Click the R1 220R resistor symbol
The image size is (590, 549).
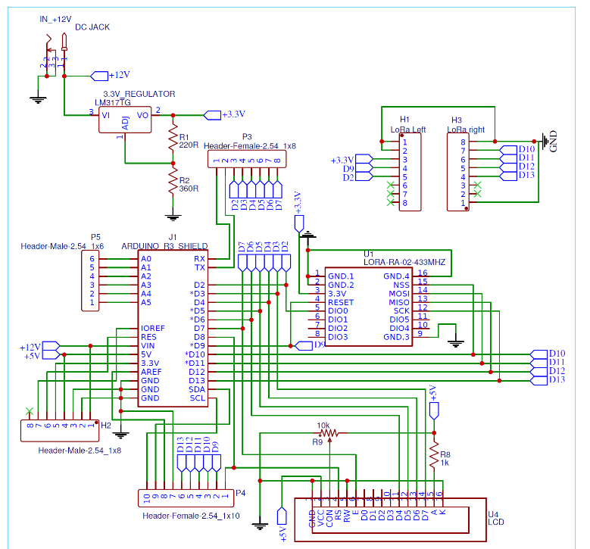(x=173, y=139)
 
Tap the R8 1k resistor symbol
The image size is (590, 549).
(x=434, y=456)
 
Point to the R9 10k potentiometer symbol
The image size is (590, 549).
(x=330, y=434)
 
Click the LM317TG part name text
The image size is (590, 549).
(x=113, y=102)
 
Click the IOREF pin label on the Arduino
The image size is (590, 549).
(x=152, y=329)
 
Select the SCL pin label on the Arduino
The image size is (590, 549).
(x=197, y=398)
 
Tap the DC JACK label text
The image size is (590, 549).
(x=92, y=27)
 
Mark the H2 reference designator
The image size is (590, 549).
(x=106, y=426)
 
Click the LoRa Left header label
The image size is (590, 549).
(x=408, y=129)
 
